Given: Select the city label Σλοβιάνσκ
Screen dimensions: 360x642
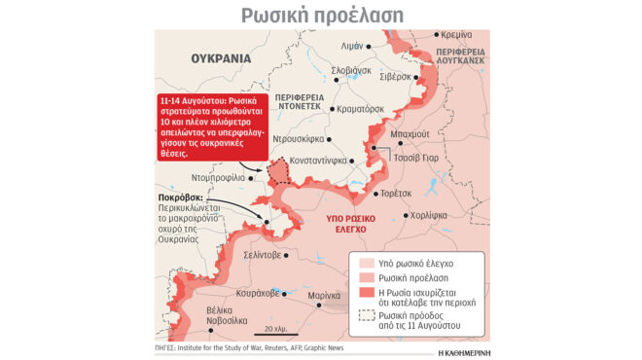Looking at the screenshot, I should [351, 70].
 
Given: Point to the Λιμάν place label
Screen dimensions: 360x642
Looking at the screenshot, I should [351, 46].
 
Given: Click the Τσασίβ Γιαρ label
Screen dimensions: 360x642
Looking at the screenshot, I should [420, 156].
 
